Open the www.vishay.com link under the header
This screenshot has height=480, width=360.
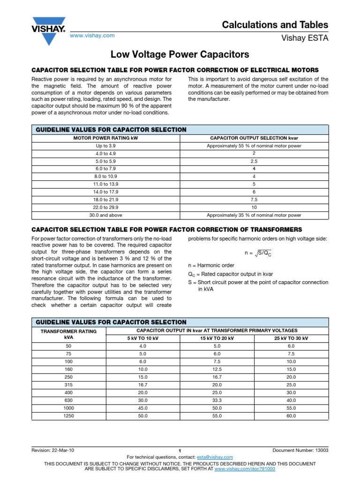tap(92, 36)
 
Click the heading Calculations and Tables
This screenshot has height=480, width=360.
tap(275, 25)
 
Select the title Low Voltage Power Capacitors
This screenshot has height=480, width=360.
tap(180, 54)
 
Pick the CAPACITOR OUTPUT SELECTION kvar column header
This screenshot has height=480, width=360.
tap(254, 138)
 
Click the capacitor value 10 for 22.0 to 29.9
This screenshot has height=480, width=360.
tap(254, 207)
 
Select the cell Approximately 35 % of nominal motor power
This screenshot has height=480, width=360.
tap(254, 215)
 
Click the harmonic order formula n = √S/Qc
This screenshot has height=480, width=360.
tap(258, 253)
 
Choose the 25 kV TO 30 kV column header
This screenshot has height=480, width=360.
tap(292, 338)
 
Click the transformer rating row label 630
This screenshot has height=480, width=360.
tap(69, 400)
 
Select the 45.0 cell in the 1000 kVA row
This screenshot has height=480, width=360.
tap(143, 408)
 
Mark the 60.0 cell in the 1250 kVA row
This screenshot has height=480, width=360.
tap(292, 416)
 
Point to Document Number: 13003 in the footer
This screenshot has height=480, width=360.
tap(300, 450)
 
